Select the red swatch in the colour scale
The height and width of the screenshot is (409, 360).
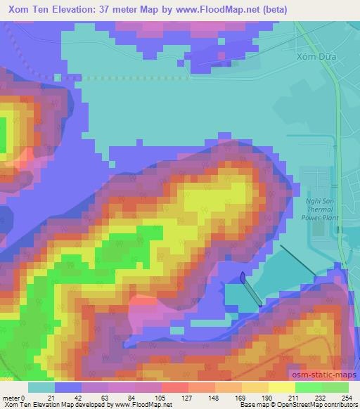[175, 387]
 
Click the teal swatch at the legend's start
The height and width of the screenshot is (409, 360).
[41, 387]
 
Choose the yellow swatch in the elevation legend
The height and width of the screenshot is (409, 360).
[282, 387]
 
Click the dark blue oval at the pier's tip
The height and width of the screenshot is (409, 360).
[243, 277]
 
